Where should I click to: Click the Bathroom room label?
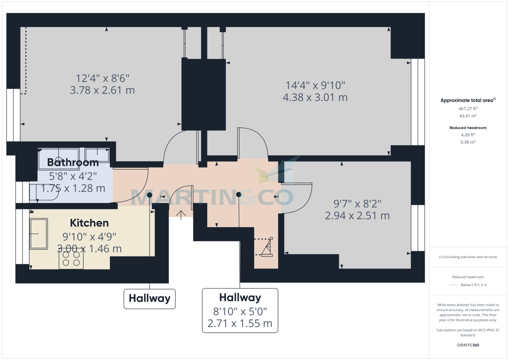(x=73, y=162)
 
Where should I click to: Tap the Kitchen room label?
(x=89, y=223)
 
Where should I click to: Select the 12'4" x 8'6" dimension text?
(x=102, y=78)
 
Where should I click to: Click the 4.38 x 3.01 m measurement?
(x=315, y=98)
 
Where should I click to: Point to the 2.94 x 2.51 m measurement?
(x=357, y=216)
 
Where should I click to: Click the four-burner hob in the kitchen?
(x=71, y=259)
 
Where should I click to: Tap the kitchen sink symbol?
(x=38, y=234)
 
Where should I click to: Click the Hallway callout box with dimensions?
(x=240, y=311)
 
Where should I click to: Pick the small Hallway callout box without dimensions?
(x=149, y=299)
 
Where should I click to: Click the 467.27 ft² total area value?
(x=467, y=109)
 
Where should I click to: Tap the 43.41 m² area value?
(x=467, y=116)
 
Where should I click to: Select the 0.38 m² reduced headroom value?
(x=467, y=142)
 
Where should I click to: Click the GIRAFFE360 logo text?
(x=467, y=345)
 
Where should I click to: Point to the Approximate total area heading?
(x=467, y=100)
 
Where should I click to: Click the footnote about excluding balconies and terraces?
(x=467, y=257)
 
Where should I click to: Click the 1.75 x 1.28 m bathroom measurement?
(x=73, y=188)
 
